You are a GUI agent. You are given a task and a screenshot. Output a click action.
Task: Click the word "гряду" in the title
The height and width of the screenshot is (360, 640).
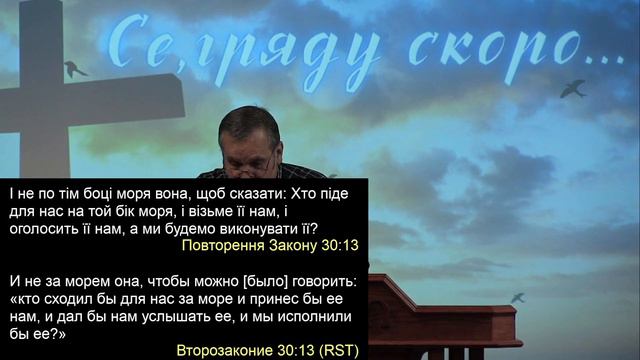point(283,50)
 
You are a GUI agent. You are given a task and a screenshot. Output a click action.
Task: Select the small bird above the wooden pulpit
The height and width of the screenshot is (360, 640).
point(517,297)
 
